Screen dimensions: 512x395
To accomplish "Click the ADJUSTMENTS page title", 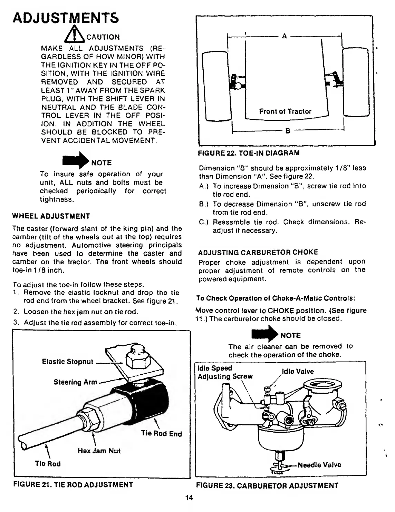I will pos(66,18).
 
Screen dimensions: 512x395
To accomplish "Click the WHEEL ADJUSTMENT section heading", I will pos(51,216).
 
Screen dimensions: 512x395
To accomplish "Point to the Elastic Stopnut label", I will pos(68,362).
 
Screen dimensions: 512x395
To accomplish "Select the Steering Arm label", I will pos(75,382).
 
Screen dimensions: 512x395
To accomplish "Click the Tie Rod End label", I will pos(162,434).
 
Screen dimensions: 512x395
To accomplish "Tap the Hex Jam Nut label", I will pos(99,451).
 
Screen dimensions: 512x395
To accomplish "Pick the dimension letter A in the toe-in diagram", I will pos(285,36).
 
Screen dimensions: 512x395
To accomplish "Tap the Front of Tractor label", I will pos(285,111).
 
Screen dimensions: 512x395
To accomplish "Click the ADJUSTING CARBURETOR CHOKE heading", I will pos(258,252).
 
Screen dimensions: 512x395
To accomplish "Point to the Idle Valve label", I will pos(298,372).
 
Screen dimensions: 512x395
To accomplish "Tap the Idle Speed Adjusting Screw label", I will pos(225,372).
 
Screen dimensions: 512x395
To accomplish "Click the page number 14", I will pos(189,498).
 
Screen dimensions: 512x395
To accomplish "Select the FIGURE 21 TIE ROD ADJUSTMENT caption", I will pos(73,485).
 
